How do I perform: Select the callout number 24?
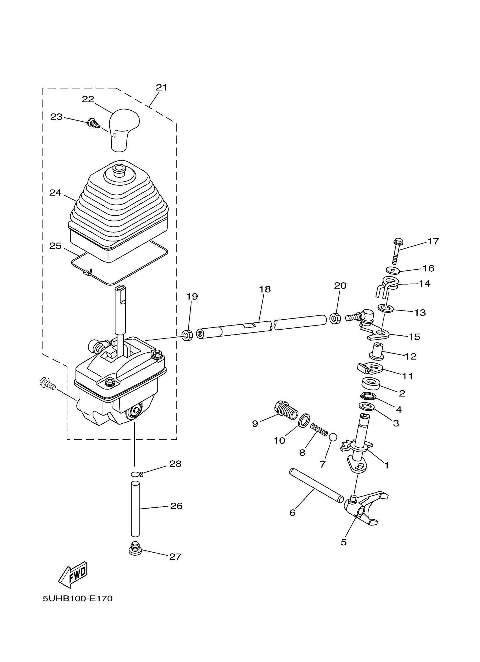click(x=55, y=193)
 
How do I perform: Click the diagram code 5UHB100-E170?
click(x=77, y=599)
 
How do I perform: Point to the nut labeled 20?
click(x=335, y=318)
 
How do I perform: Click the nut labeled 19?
click(x=187, y=335)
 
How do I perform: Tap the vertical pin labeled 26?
click(x=135, y=509)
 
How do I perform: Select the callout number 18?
click(x=265, y=289)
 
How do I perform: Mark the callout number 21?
click(x=161, y=87)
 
